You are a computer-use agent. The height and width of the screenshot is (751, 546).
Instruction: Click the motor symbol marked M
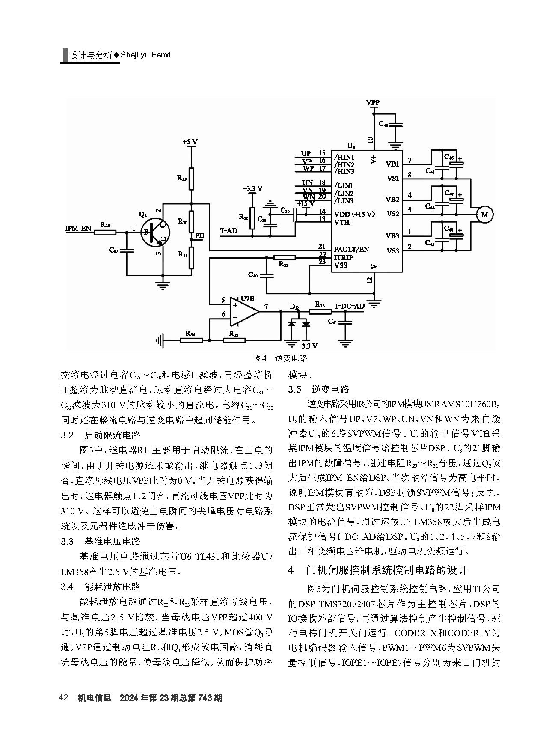pos(484,215)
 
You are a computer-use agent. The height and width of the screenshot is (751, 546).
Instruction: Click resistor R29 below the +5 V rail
pos(191,178)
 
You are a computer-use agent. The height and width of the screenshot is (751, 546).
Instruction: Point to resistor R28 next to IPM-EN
pos(105,232)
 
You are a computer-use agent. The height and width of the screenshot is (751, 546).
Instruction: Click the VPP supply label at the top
pos(373,103)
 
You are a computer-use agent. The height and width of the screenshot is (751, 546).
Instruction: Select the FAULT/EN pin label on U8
pos(351,250)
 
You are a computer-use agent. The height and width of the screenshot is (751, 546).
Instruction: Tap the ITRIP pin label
pos(343,257)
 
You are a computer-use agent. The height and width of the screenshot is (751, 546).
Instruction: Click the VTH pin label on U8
pos(341,222)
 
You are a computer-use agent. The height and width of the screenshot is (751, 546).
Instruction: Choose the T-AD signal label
pos(228,231)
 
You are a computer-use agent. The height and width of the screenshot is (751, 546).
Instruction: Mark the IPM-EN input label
pos(78,228)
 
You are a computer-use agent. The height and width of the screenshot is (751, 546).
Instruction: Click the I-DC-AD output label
pos(350,306)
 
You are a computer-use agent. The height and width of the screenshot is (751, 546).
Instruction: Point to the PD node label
pos(199,236)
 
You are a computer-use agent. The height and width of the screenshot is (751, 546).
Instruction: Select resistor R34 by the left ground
pos(191,340)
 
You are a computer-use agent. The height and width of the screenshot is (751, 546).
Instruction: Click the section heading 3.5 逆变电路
pos(319,389)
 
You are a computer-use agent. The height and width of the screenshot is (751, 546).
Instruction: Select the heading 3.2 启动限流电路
pos(101,435)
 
